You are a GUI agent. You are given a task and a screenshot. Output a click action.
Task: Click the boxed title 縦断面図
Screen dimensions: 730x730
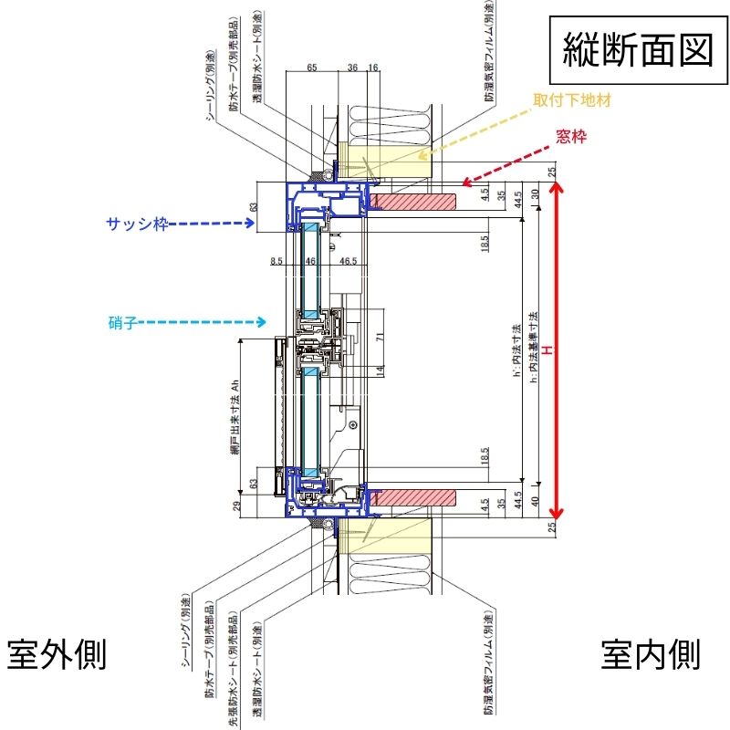coord(636,50)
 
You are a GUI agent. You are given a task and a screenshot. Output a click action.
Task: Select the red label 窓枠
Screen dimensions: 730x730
coord(570,138)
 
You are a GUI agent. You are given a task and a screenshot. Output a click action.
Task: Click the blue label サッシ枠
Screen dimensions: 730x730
coord(137,223)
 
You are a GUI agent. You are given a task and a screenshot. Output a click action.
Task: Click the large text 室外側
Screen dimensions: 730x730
coord(57,653)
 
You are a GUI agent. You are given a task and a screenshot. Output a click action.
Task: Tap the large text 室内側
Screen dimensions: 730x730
coord(651,653)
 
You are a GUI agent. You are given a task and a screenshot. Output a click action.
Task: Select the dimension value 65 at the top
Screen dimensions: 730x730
coord(311,68)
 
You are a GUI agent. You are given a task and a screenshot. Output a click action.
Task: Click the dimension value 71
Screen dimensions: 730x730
coord(381,336)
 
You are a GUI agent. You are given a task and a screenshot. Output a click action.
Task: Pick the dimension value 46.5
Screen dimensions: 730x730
coord(349,262)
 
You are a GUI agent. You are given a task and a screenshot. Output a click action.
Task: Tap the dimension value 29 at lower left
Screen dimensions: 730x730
coord(236,507)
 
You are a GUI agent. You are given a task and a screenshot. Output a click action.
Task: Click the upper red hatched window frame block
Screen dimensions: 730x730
coord(413,199)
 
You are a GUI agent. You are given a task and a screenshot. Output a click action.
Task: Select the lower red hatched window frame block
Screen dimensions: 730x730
coord(413,497)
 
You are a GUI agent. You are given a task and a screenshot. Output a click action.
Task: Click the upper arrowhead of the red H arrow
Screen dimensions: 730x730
coord(560,187)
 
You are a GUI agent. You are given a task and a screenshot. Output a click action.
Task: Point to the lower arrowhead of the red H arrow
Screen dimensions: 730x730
coord(560,515)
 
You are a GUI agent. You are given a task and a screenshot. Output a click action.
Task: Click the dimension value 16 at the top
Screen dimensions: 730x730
coord(373,68)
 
